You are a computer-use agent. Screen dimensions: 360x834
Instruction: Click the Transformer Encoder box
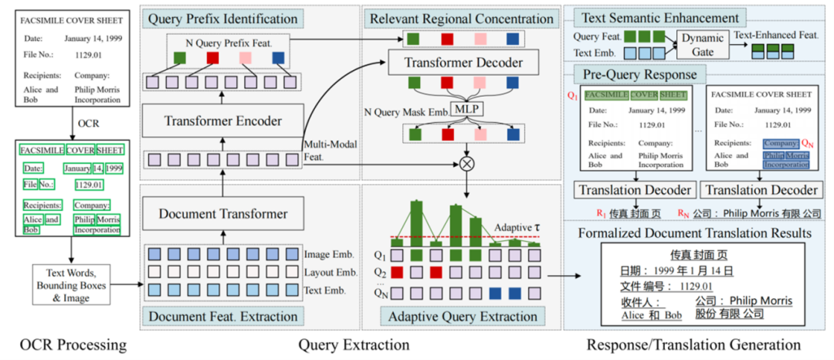[x=223, y=121]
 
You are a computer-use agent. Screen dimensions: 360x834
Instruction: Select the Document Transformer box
[x=222, y=212]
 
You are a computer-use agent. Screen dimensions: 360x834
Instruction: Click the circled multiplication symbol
[x=466, y=163]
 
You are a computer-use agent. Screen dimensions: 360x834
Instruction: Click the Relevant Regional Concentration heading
[x=460, y=18]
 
